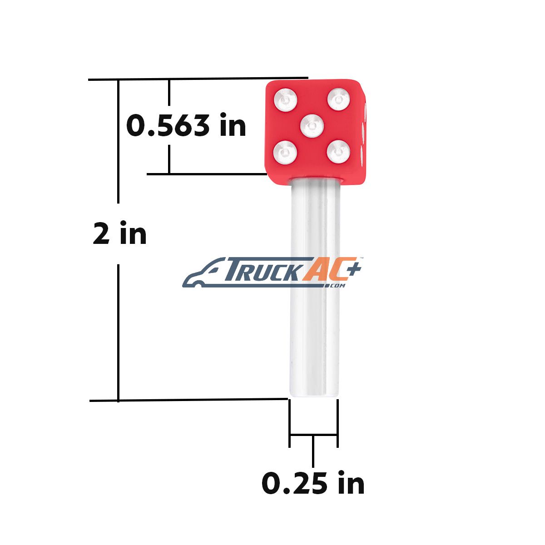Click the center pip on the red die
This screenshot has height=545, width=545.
pyautogui.click(x=312, y=126)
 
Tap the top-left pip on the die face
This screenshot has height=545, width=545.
pyautogui.click(x=286, y=99)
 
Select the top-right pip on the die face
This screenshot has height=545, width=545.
pyautogui.click(x=339, y=99)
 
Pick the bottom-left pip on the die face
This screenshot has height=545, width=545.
pyautogui.click(x=285, y=153)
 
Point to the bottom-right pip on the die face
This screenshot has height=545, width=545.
pyautogui.click(x=338, y=152)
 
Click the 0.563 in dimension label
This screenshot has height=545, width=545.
pyautogui.click(x=186, y=125)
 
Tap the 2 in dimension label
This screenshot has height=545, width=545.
pyautogui.click(x=119, y=233)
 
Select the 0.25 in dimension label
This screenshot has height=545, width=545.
pyautogui.click(x=313, y=483)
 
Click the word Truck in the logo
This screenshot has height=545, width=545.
pyautogui.click(x=262, y=269)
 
